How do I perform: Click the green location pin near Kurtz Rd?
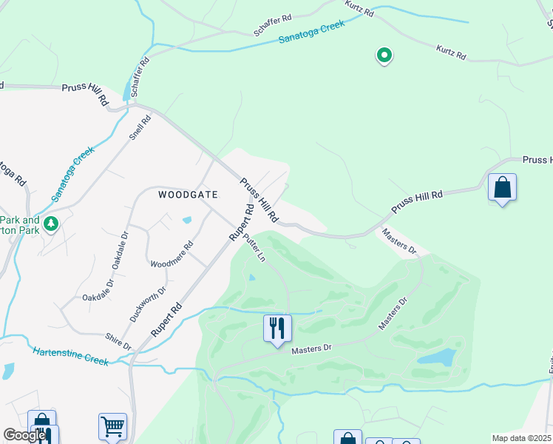click(384, 55)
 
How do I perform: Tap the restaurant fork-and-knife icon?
click(277, 327)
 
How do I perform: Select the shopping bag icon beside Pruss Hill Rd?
click(502, 188)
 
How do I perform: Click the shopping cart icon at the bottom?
click(112, 426)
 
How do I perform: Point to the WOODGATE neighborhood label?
click(189, 195)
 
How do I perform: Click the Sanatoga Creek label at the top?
click(312, 33)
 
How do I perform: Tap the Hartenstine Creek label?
click(70, 356)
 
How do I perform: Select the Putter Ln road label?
click(255, 246)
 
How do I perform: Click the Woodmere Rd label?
click(172, 255)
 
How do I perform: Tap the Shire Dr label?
click(118, 341)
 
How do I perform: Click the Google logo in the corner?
click(24, 435)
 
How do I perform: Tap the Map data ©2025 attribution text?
click(522, 438)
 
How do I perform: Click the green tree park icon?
click(50, 223)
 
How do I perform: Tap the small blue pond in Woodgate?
click(186, 220)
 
